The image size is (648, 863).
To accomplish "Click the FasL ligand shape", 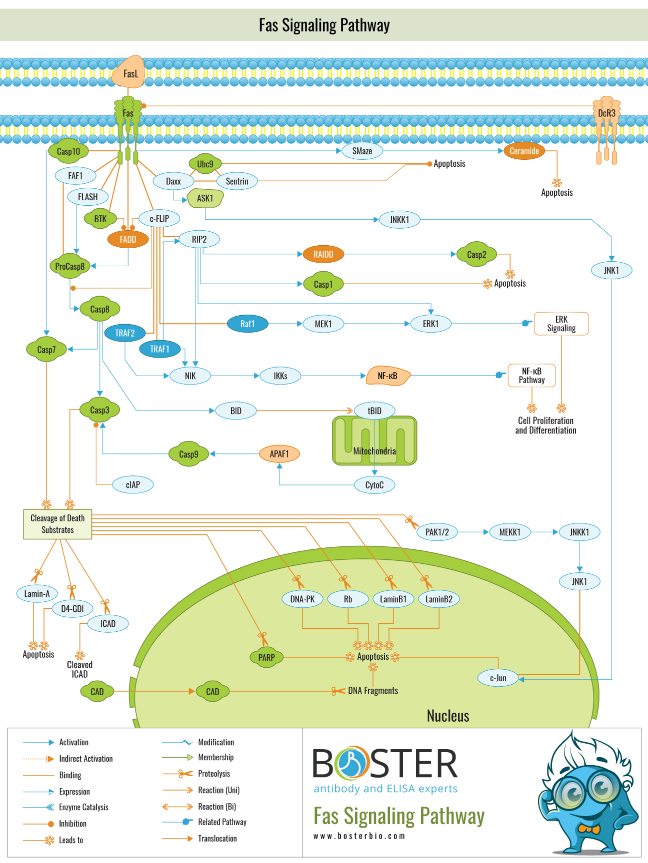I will (129, 73).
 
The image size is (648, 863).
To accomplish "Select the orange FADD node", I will (128, 239).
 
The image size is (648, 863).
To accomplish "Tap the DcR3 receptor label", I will (606, 113).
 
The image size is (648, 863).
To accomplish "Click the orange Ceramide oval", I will (524, 151).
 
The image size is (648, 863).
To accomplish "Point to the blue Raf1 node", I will (247, 324).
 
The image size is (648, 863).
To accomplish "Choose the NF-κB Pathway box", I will (531, 376).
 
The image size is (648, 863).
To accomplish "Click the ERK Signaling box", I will (561, 324).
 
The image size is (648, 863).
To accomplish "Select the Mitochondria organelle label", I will (374, 451).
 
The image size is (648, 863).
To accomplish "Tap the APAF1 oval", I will (279, 453).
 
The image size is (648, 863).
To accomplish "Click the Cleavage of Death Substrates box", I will (57, 524).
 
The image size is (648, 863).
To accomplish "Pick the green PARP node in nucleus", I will (266, 657).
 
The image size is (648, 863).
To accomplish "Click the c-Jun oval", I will (498, 678).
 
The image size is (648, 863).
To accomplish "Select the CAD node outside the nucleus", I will (97, 692).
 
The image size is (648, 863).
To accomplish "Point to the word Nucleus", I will (448, 716).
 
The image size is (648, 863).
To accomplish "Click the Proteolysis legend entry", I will (214, 774).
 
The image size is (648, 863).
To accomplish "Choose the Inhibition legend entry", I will (72, 824).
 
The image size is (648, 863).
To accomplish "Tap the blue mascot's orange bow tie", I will (588, 829).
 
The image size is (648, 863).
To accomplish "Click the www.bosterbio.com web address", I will (359, 836).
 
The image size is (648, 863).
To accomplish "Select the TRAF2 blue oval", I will (125, 333).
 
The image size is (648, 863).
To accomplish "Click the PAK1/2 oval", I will (437, 532).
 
